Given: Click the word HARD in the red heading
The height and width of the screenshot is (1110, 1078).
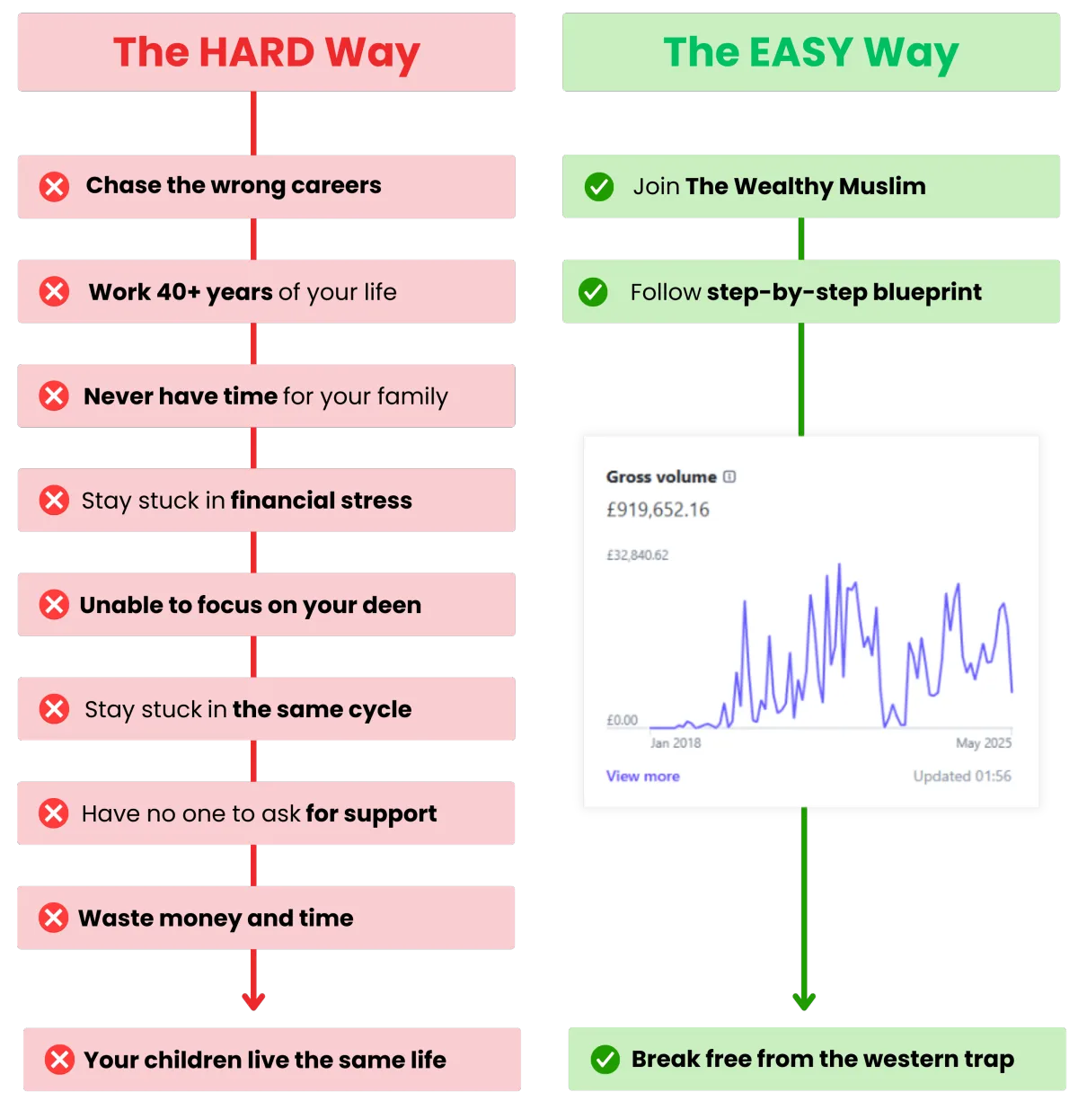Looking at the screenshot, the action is (x=257, y=52).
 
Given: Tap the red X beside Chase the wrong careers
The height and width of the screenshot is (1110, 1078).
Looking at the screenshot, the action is (x=54, y=187).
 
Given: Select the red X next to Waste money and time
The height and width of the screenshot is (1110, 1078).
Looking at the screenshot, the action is (x=54, y=918).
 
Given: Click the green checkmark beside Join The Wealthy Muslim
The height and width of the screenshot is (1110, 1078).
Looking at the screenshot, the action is (x=598, y=187).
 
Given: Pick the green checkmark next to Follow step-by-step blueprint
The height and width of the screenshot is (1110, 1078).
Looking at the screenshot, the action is (x=593, y=292).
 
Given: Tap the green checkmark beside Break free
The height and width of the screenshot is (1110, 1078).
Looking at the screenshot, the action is (x=605, y=1060).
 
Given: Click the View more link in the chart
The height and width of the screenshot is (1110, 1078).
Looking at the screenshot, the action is (x=642, y=777).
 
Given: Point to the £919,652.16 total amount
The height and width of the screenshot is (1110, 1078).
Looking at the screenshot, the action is (x=658, y=510).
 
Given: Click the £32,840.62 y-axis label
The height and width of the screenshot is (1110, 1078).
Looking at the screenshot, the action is (x=637, y=555).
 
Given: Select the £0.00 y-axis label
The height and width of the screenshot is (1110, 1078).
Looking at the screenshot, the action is (x=622, y=720).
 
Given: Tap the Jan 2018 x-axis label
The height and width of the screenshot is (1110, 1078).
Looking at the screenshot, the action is (x=676, y=742).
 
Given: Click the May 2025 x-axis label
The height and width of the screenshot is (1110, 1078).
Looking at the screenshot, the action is (x=984, y=742).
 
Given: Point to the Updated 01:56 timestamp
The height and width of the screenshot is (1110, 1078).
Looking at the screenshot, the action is (x=962, y=777).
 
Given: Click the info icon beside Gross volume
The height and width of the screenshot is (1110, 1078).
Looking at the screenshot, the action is (x=729, y=476).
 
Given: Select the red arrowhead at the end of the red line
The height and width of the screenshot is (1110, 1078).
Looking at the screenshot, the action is (x=253, y=1001).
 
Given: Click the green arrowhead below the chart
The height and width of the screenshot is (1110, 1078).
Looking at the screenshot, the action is (x=804, y=1001).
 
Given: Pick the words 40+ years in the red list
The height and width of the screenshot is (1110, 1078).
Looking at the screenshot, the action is (x=215, y=292).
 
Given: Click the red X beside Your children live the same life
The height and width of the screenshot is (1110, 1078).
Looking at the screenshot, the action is (x=59, y=1060).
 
